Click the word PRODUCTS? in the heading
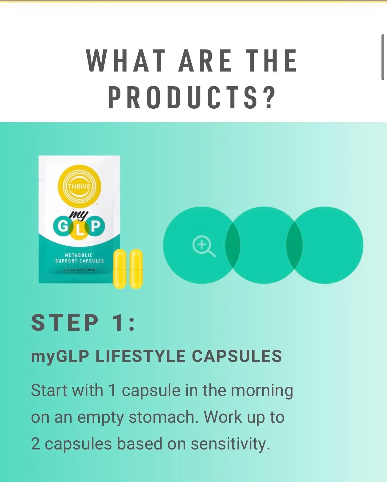(x=192, y=97)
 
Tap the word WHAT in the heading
(x=126, y=60)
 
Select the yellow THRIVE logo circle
(x=79, y=186)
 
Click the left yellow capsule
(x=120, y=269)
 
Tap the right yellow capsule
(x=136, y=269)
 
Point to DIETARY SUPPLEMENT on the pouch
(x=79, y=270)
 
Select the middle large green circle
(x=264, y=245)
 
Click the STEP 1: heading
(x=83, y=322)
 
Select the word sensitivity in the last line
(x=230, y=444)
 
